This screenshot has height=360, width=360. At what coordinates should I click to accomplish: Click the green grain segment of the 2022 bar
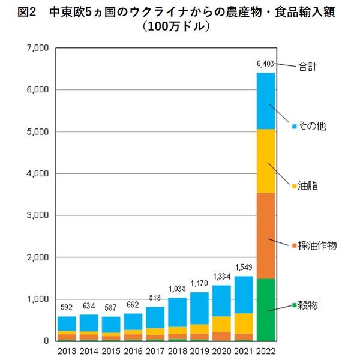click(265, 310)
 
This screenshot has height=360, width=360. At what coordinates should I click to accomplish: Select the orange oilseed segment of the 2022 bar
click(265, 235)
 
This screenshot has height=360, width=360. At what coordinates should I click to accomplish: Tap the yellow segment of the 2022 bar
click(265, 161)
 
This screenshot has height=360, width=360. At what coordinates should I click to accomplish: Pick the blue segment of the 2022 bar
click(265, 101)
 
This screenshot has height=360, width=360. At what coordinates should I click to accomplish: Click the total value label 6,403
click(265, 64)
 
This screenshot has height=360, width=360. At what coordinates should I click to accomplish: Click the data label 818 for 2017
click(154, 298)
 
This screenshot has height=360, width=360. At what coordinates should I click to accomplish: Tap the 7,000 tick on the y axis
click(38, 48)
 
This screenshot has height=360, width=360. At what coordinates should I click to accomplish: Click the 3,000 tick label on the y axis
click(38, 215)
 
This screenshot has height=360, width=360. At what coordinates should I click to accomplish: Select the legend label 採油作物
click(318, 245)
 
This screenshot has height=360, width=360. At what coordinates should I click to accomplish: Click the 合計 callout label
click(308, 67)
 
